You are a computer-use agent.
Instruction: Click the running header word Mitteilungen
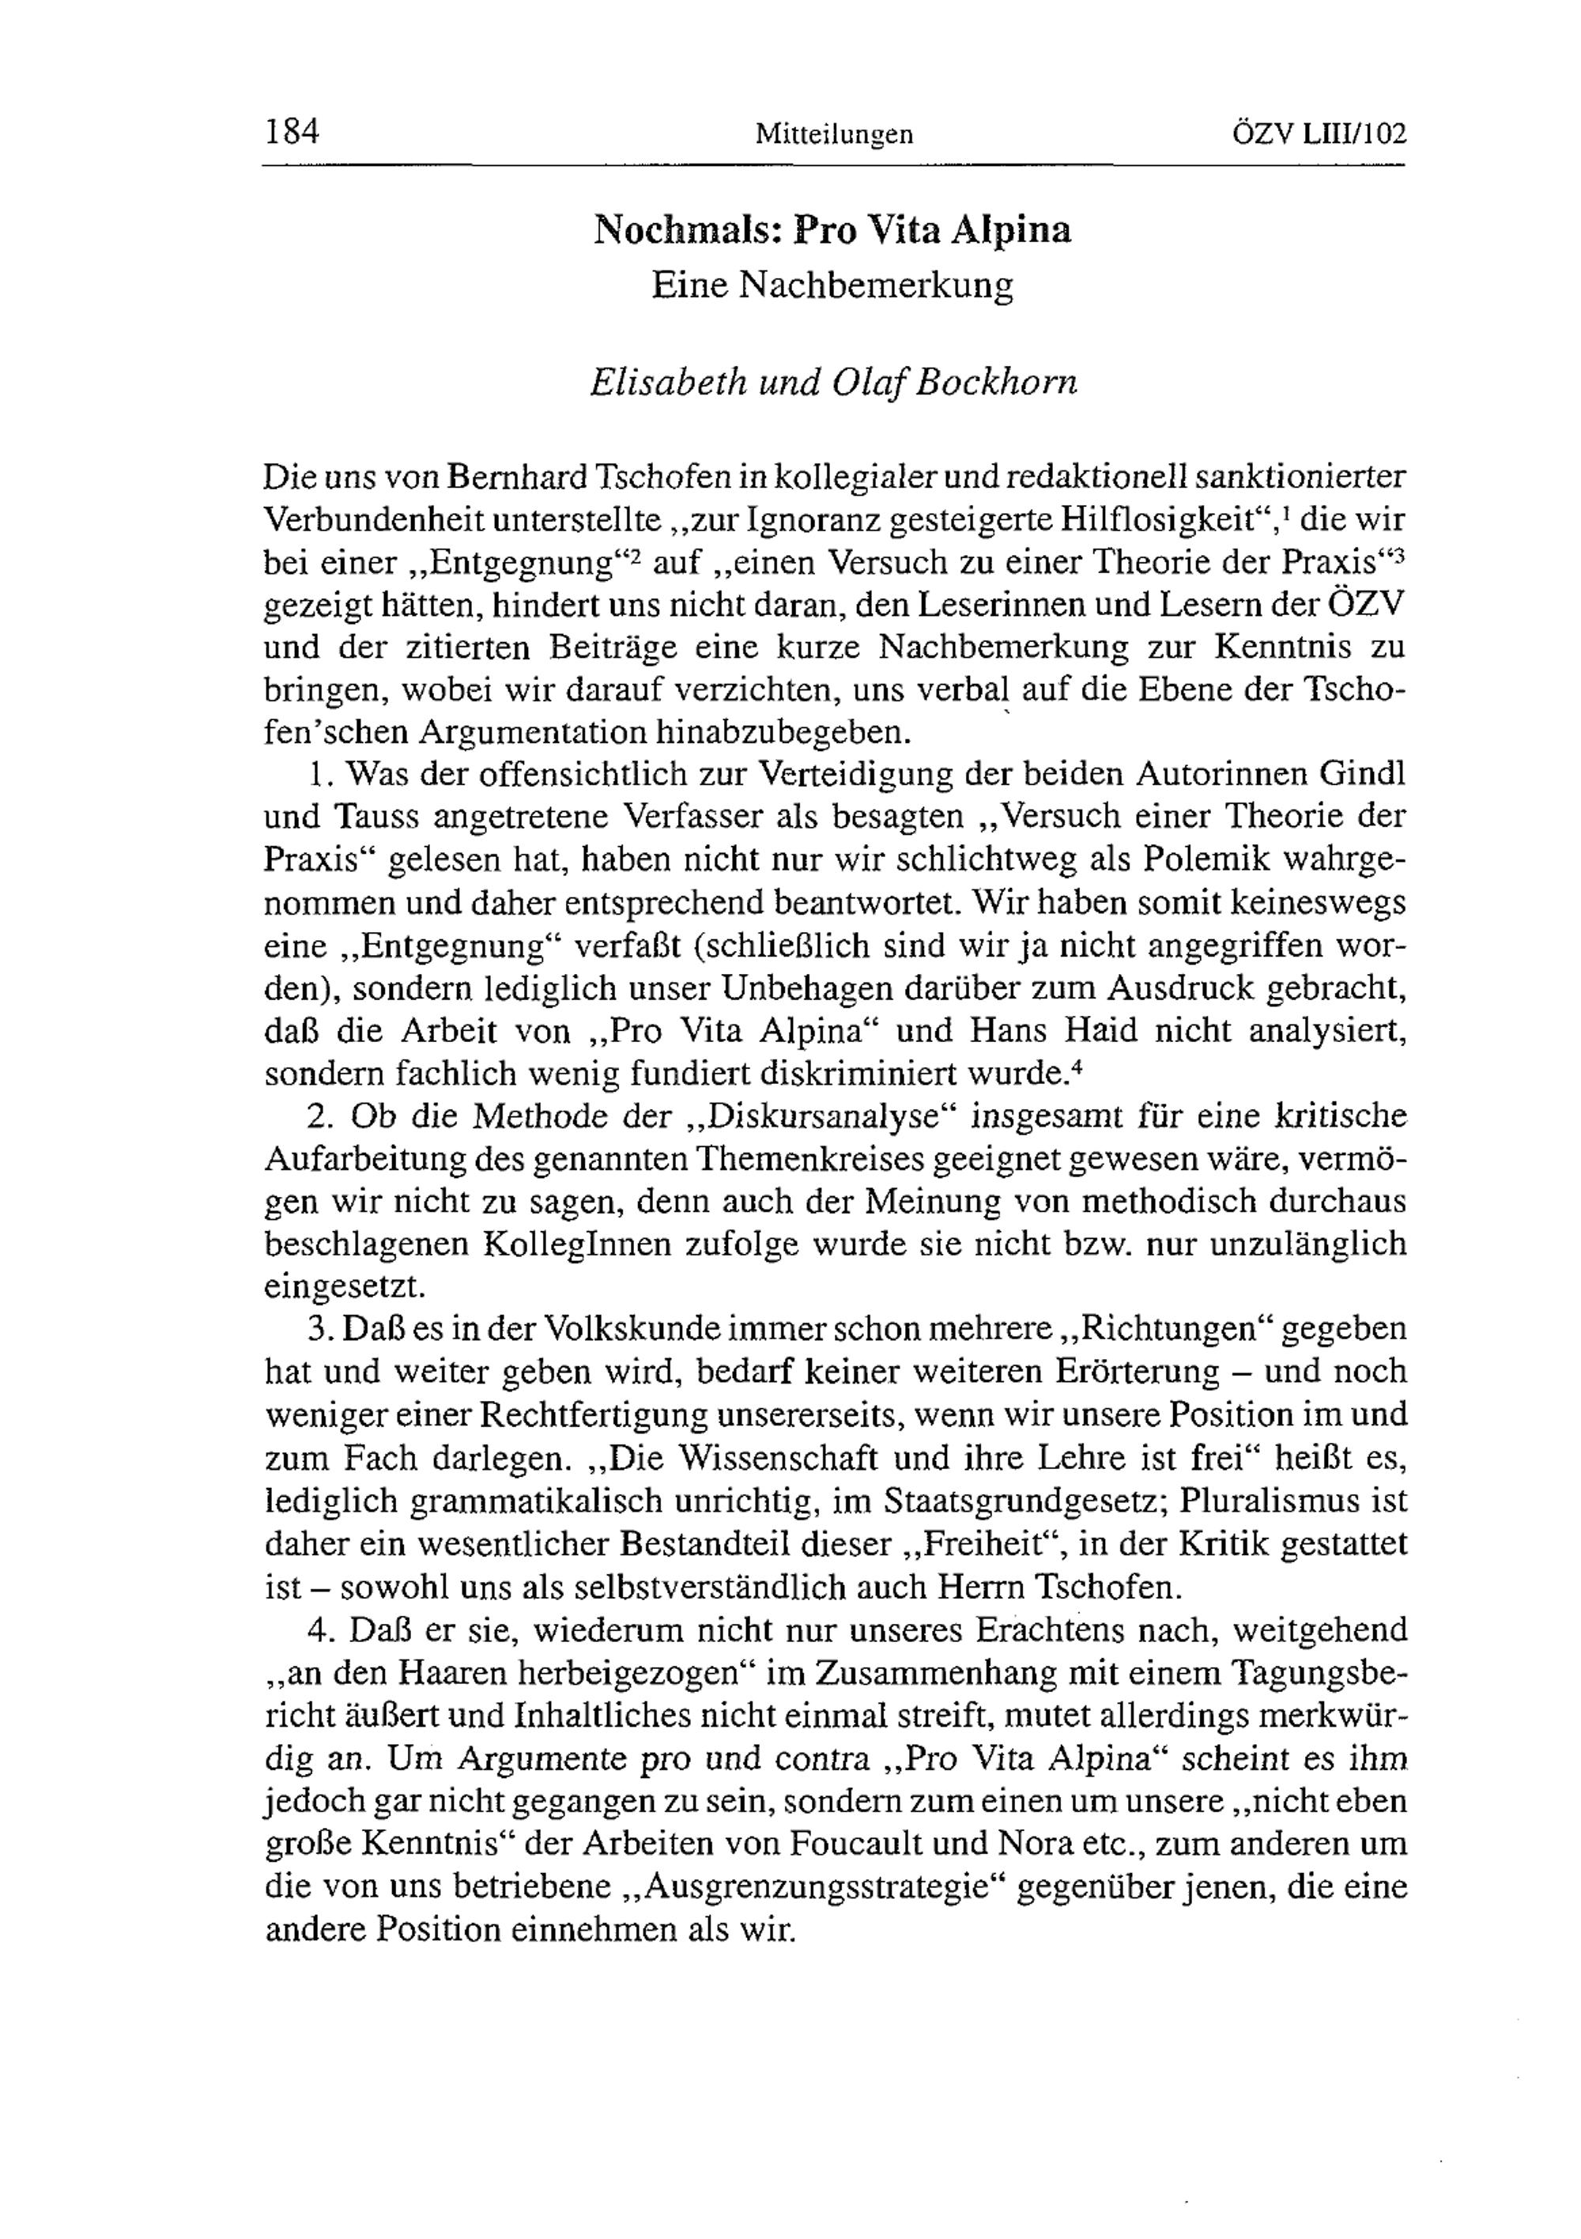[834, 134]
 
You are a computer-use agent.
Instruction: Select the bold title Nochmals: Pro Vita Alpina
[833, 229]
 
